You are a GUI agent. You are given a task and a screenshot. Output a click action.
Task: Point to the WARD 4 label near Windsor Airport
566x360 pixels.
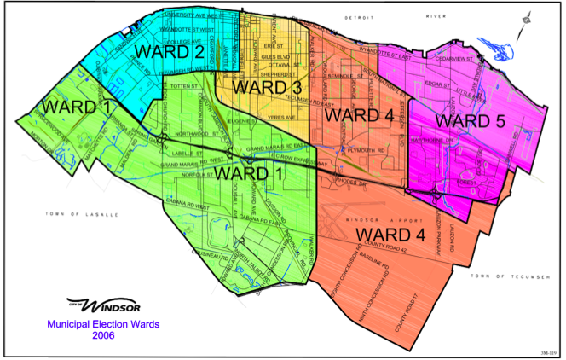[393, 234]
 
